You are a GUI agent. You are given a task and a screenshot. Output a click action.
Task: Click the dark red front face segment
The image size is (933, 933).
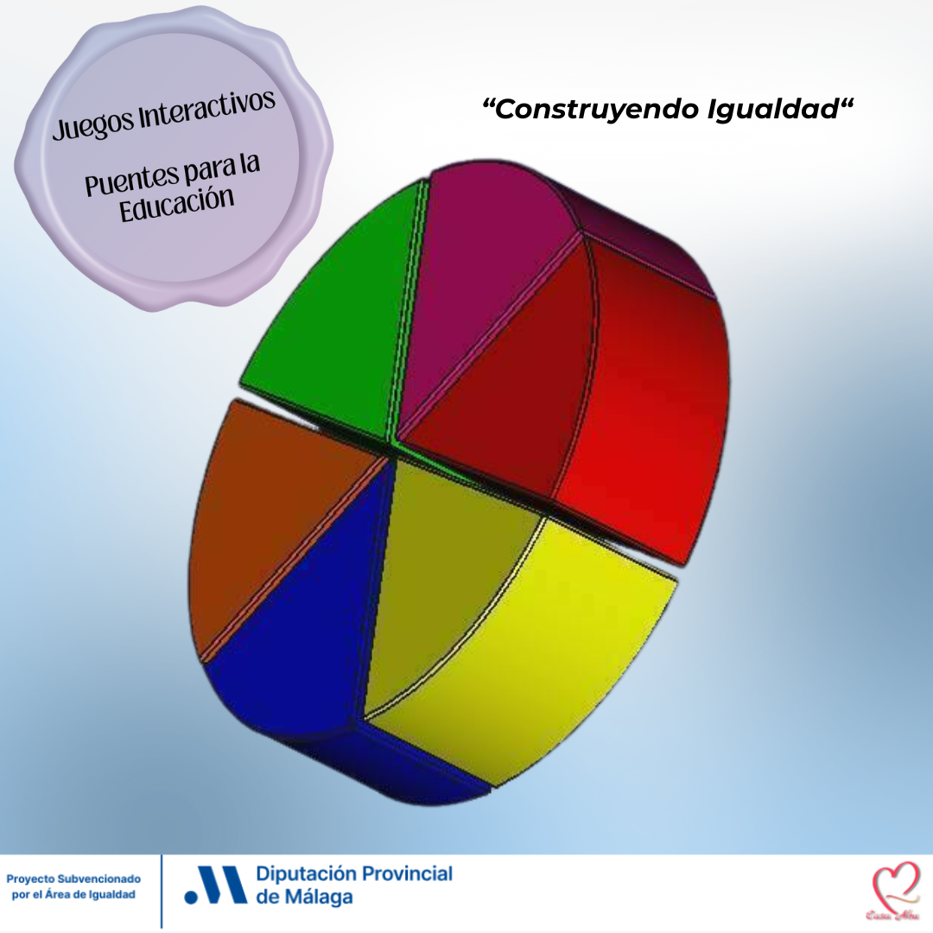pyautogui.click(x=501, y=389)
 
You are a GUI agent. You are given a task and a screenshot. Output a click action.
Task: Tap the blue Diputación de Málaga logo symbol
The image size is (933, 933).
pyautogui.click(x=216, y=885)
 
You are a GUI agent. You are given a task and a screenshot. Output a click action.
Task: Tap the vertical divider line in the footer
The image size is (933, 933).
pyautogui.click(x=162, y=890)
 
